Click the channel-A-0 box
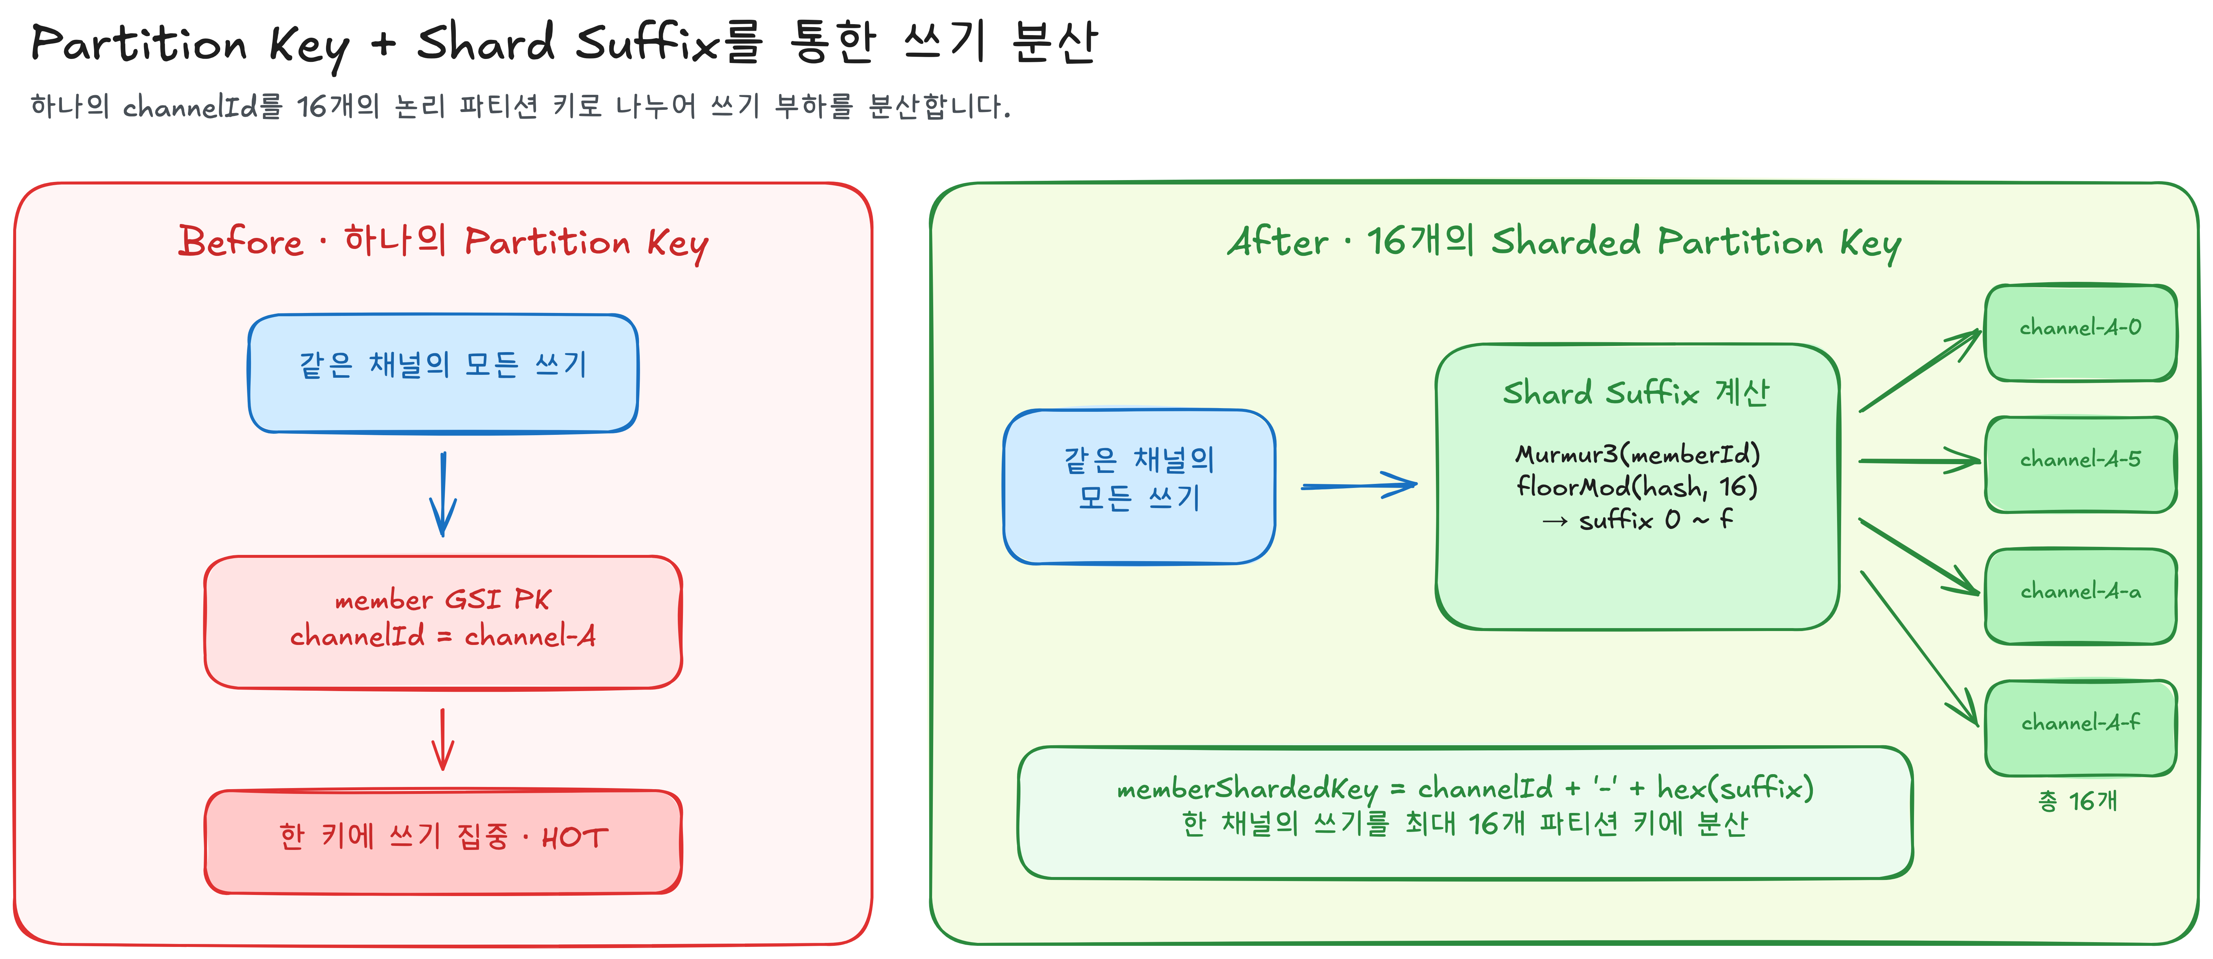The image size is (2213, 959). coord(2080,333)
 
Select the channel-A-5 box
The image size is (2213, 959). coord(2080,464)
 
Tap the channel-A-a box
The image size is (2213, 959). coord(2080,596)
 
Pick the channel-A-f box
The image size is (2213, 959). coord(2080,728)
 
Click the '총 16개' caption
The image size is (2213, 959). coord(2077,801)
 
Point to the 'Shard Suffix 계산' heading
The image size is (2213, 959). coord(1636,393)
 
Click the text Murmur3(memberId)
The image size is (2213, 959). coord(1637,454)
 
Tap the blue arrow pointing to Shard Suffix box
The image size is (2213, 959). coord(1359,486)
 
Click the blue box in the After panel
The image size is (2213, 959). coord(1139,487)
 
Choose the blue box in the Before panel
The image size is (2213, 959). coord(443,373)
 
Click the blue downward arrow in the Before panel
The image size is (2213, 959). coord(443,495)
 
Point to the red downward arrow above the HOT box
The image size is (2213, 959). coord(443,739)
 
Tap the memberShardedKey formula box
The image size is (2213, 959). coord(1465,812)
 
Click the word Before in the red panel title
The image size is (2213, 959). coord(241,241)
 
